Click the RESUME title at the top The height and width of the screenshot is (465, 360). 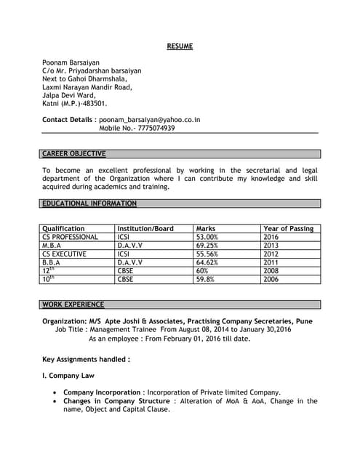(180, 46)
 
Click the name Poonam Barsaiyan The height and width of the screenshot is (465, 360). (71, 62)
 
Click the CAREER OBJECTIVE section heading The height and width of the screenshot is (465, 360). (73, 154)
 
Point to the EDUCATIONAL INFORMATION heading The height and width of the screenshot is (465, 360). (89, 203)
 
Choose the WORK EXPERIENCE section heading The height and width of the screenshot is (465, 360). (73, 304)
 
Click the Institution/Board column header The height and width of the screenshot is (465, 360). (145, 229)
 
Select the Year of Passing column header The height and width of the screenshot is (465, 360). (288, 229)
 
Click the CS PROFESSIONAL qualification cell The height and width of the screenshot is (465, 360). (70, 237)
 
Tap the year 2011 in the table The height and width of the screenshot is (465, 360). (271, 262)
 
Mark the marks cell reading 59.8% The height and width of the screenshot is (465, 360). (205, 279)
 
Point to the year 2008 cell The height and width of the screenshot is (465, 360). (271, 271)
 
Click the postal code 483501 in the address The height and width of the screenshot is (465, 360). (92, 104)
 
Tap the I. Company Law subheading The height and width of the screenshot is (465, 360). (68, 375)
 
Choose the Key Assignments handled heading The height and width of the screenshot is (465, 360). (87, 358)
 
